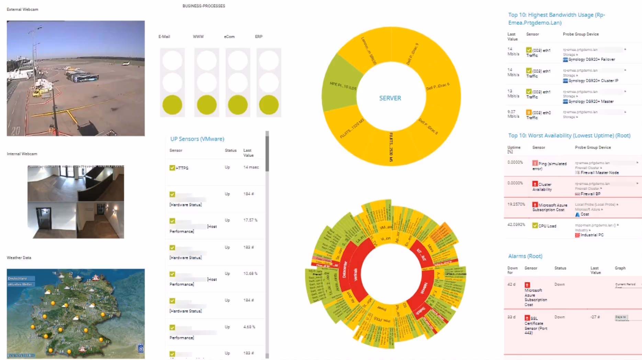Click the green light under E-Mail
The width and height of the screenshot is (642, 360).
tap(172, 105)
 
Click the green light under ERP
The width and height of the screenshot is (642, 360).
tap(269, 105)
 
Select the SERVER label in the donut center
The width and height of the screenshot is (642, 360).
tap(390, 98)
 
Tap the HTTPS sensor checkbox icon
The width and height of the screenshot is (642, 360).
tap(172, 168)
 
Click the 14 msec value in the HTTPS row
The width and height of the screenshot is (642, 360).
tap(251, 167)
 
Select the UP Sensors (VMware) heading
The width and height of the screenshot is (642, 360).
tap(197, 139)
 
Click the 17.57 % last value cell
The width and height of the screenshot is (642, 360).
tap(250, 220)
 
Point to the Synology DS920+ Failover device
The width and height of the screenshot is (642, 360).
tap(591, 59)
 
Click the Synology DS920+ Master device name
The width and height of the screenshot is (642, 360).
tap(590, 101)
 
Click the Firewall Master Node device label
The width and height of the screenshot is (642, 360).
tap(599, 173)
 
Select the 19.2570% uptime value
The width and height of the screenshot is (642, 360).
tap(516, 204)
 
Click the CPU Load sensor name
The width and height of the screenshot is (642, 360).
tap(547, 226)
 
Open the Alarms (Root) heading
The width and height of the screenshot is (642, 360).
tap(525, 256)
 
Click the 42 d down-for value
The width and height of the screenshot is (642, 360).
tap(511, 284)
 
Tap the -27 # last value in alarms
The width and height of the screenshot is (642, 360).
tap(595, 317)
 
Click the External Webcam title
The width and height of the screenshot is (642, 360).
tap(22, 10)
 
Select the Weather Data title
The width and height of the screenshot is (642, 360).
tap(19, 258)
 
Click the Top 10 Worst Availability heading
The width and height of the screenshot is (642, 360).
tap(569, 136)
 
